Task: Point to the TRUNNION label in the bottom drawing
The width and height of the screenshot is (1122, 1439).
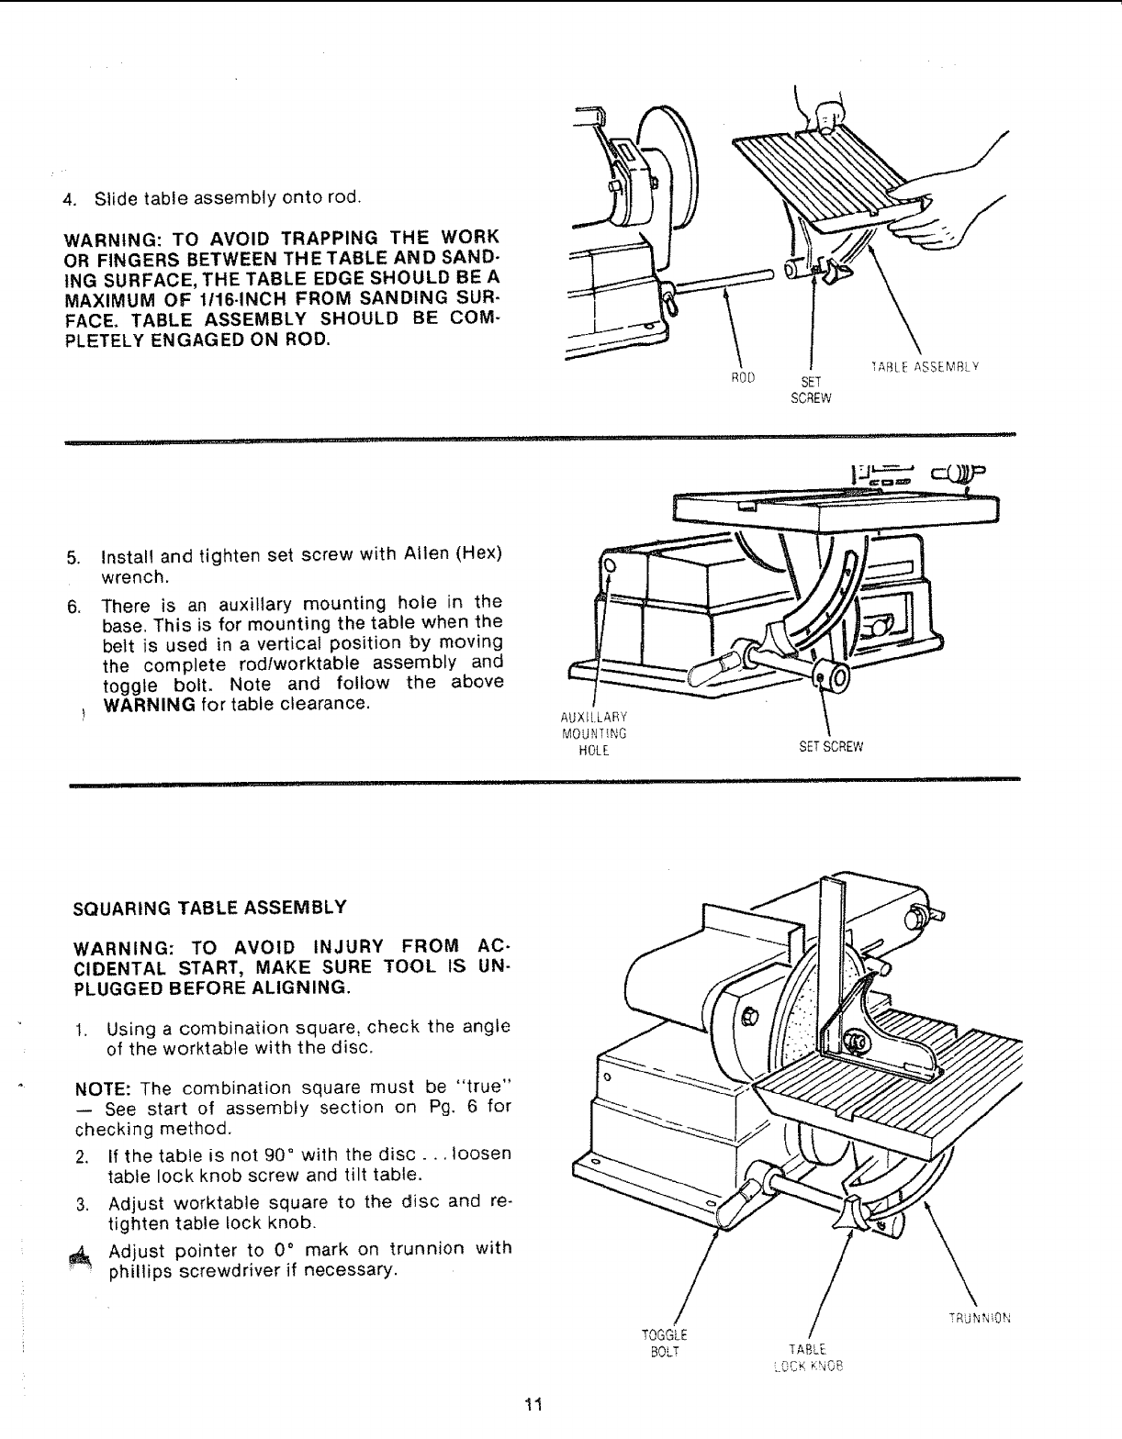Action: click(x=981, y=1319)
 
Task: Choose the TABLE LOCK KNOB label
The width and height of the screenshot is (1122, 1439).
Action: click(x=808, y=1356)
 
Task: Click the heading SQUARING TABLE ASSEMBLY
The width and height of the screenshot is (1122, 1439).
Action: click(x=209, y=908)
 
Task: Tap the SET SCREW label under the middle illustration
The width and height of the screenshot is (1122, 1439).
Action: click(x=830, y=746)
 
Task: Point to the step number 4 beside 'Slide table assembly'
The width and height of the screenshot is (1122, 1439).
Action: click(x=67, y=198)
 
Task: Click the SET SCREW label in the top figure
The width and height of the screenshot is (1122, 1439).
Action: click(x=811, y=390)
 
